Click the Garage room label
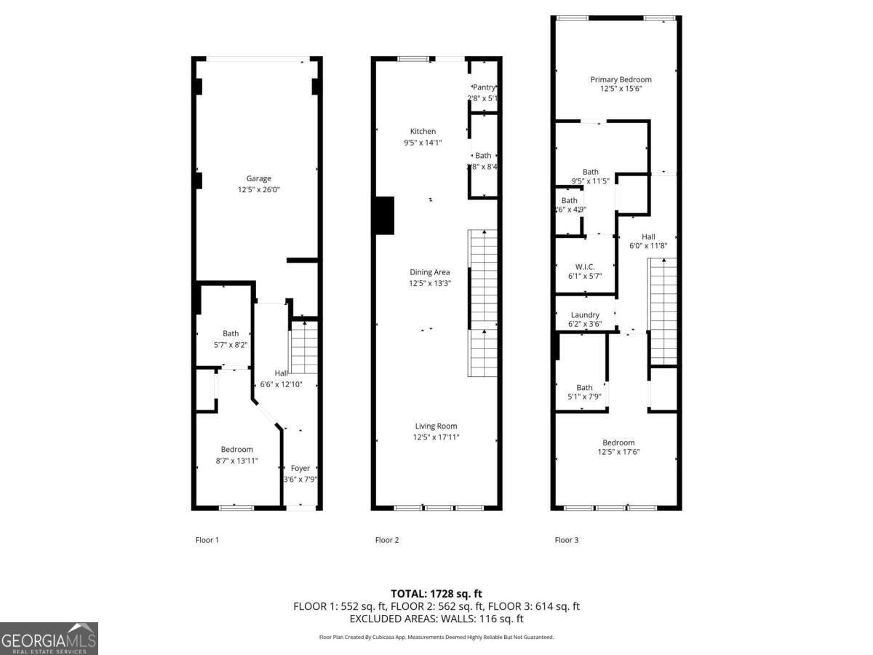(x=258, y=178)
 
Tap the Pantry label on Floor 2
(x=485, y=87)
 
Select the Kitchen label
(x=423, y=132)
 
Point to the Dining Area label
(x=429, y=272)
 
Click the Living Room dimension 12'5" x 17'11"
(x=436, y=437)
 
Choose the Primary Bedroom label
(x=621, y=79)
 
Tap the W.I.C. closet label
(x=585, y=267)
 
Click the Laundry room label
(x=585, y=315)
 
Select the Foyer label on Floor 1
(x=300, y=469)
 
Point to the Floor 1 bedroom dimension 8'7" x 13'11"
(x=237, y=461)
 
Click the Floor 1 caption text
(x=207, y=540)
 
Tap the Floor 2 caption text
(x=387, y=540)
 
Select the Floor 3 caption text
(x=567, y=540)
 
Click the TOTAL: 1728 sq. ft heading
(x=436, y=594)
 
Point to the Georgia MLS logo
(x=49, y=638)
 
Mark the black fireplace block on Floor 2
(x=383, y=215)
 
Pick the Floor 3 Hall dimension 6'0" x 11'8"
(x=648, y=246)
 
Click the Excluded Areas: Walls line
(x=436, y=619)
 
